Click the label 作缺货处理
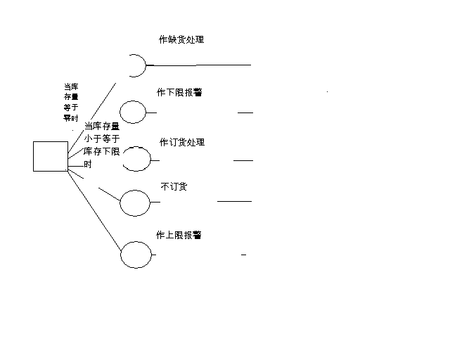tap(181, 40)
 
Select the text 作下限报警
tap(179, 93)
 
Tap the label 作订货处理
tap(181, 143)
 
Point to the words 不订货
tap(174, 187)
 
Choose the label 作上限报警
tap(179, 236)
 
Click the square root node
tap(51, 156)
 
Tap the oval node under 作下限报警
tap(133, 112)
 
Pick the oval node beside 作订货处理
tap(137, 159)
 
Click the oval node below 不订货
tap(135, 202)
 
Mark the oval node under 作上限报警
tap(136, 254)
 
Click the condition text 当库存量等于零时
tap(71, 103)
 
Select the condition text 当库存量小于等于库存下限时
tap(101, 145)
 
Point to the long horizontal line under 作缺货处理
tap(204, 65)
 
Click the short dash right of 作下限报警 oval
tap(245, 112)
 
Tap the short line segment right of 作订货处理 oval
tap(243, 160)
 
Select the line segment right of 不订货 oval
tap(234, 201)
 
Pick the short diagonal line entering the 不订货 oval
tap(110, 193)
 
